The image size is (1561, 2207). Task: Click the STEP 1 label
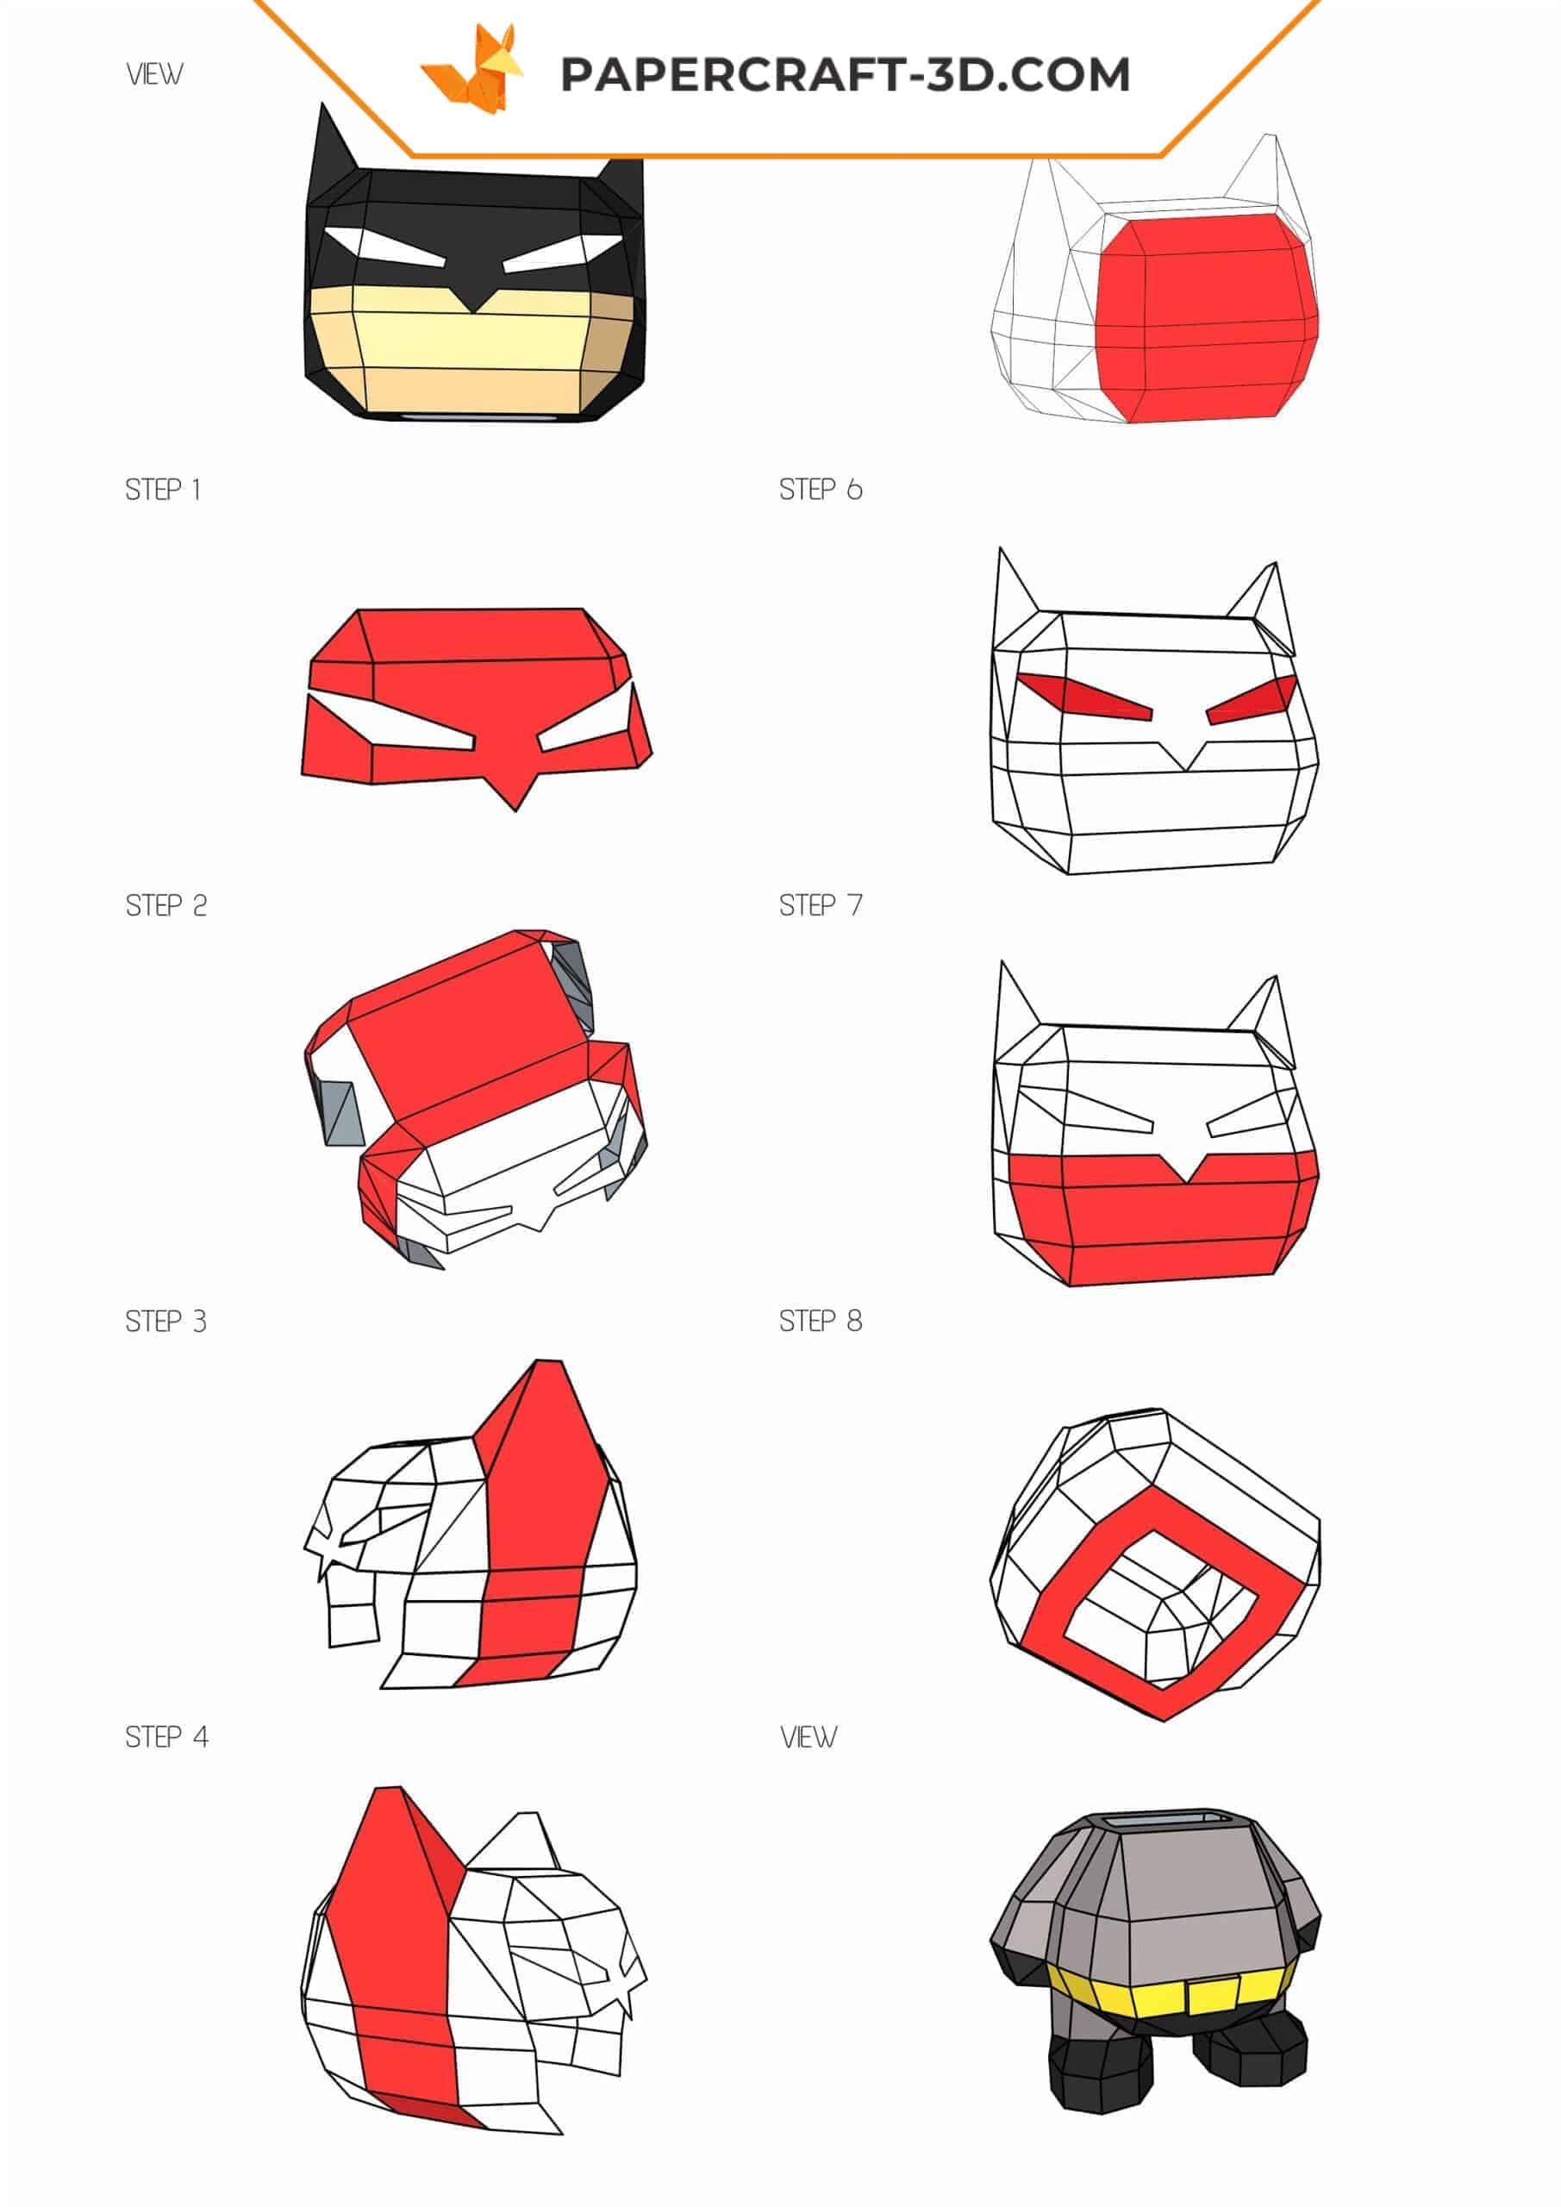162,491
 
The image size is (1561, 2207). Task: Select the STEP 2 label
165,905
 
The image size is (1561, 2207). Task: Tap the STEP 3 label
165,1322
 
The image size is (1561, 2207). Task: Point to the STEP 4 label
166,1737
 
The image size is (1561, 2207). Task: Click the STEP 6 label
820,491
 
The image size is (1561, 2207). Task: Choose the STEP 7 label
820,905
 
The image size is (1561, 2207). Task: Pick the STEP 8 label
820,1322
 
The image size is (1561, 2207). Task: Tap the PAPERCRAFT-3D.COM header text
845,75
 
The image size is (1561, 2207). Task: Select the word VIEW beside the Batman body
809,1737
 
